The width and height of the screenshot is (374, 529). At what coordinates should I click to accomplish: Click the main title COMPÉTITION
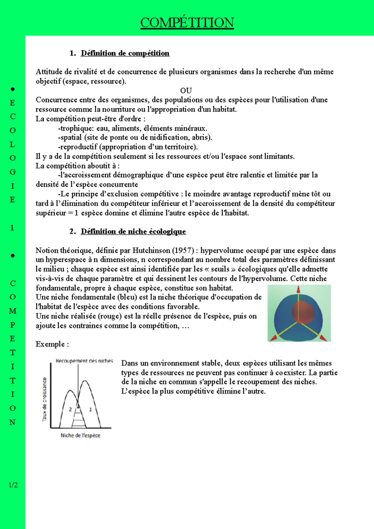tap(187, 23)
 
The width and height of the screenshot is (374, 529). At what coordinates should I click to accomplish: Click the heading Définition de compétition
tap(125, 53)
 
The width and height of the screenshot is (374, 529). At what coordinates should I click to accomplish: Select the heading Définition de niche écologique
tap(133, 231)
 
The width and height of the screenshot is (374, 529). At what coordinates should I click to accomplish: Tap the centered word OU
tap(186, 91)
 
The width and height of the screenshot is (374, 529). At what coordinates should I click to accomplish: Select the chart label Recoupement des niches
tap(84, 361)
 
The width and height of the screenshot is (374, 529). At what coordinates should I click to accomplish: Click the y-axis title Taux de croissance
tap(45, 400)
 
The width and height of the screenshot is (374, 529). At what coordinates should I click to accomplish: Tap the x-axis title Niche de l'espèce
tap(80, 436)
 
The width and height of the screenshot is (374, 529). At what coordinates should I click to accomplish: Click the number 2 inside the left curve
tap(70, 409)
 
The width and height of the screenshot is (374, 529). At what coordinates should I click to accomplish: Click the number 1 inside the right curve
tap(90, 409)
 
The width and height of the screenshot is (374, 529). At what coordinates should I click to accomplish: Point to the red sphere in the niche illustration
tap(303, 312)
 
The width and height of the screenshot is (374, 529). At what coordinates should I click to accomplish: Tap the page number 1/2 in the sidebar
tap(13, 485)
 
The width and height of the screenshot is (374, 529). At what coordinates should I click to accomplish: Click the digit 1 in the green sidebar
tap(12, 228)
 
